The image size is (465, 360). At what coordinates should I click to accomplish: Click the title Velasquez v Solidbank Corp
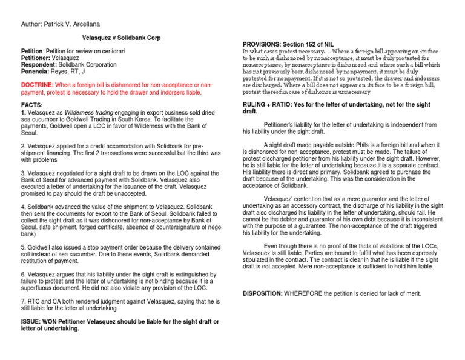[x=121, y=38]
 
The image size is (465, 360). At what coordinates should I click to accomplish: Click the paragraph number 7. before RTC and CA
[x=23, y=301]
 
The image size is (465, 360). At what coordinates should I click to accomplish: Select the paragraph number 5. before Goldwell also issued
[x=23, y=247]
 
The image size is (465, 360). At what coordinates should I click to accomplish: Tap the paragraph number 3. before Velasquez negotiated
[x=23, y=173]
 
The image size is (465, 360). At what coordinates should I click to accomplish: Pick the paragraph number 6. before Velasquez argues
[x=23, y=274]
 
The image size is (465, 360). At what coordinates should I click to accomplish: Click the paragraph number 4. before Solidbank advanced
[x=23, y=207]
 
